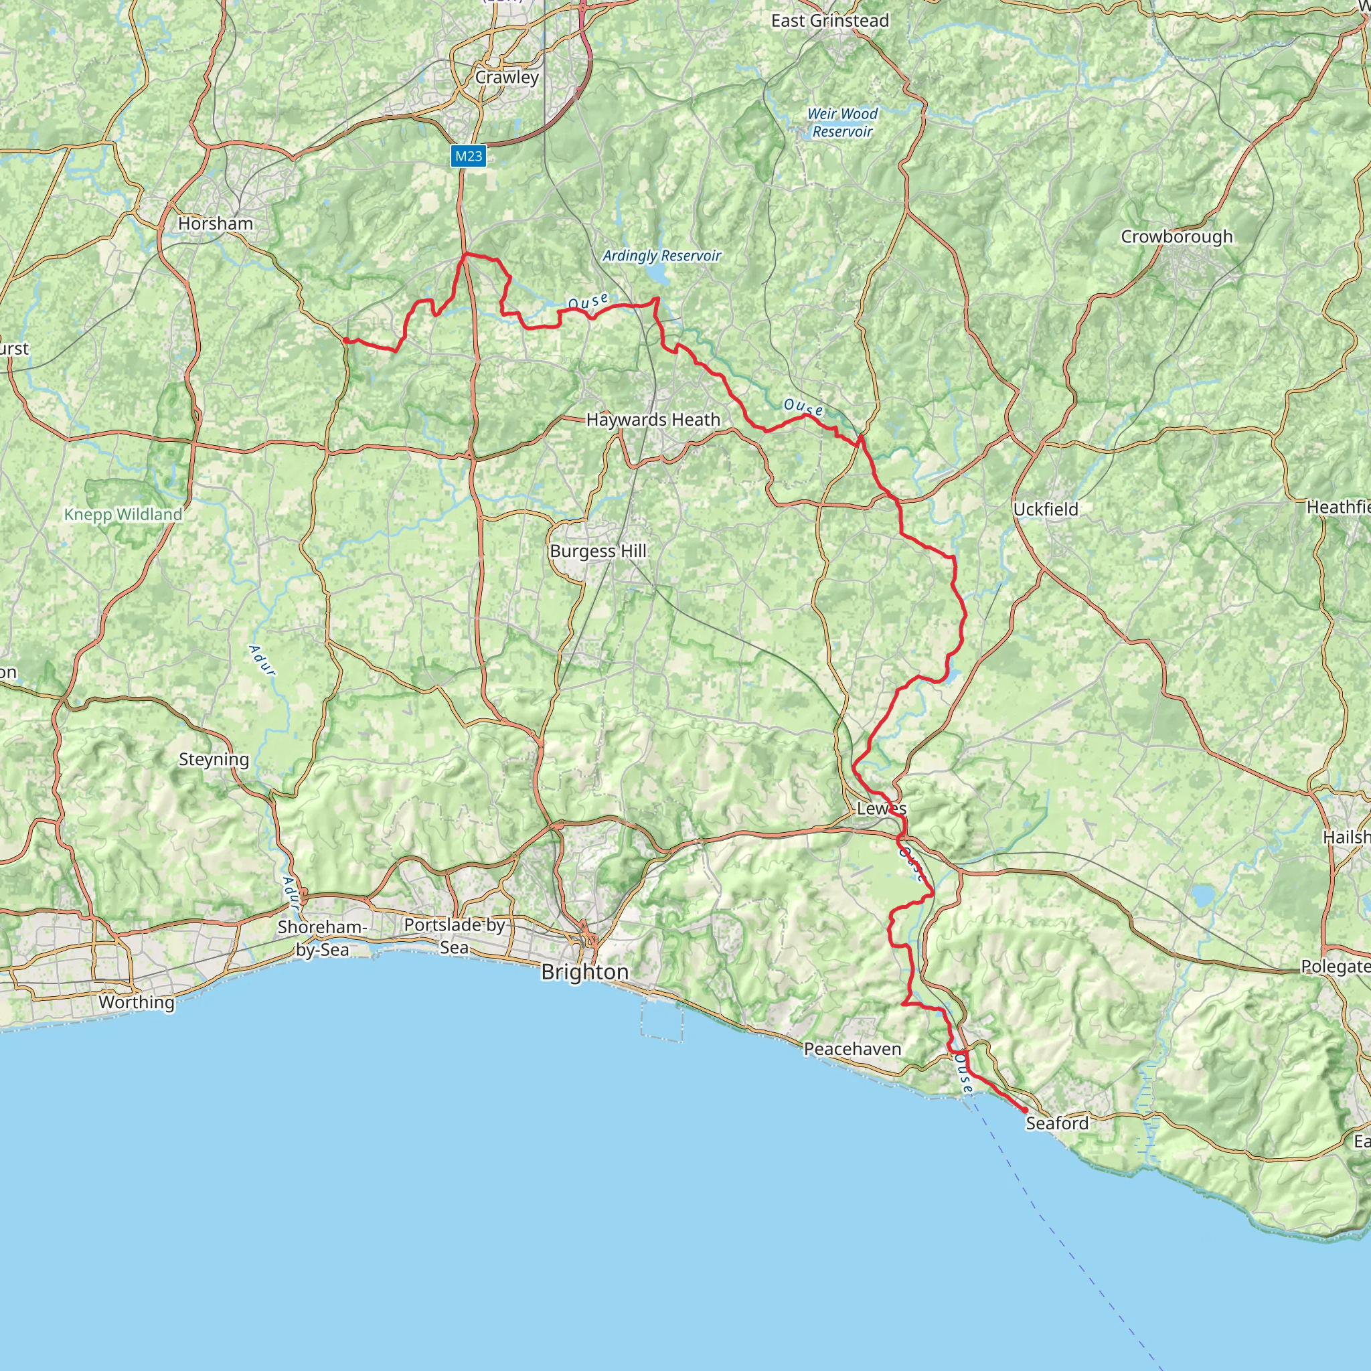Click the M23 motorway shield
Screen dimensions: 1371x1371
click(469, 156)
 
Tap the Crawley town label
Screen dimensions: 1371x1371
click(507, 78)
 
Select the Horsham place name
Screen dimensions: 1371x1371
click(215, 224)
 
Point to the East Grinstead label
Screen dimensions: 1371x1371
click(829, 21)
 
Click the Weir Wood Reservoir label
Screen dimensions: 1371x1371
click(842, 123)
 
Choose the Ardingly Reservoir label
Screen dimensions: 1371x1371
click(661, 256)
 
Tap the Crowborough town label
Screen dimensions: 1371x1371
click(1177, 237)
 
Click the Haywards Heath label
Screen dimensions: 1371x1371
click(653, 420)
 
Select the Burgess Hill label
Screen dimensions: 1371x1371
click(598, 552)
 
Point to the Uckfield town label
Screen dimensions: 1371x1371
click(1045, 509)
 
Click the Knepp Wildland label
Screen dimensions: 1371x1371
click(123, 515)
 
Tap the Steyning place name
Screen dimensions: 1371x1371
click(214, 759)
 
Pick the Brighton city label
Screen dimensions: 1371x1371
click(584, 972)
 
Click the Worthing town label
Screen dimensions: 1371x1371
click(137, 1002)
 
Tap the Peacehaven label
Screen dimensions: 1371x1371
click(852, 1049)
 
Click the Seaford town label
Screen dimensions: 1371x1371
click(1056, 1123)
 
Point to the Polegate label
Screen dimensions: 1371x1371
click(1334, 967)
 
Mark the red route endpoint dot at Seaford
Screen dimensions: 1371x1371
click(1024, 1110)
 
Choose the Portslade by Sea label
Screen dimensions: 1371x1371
click(454, 936)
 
